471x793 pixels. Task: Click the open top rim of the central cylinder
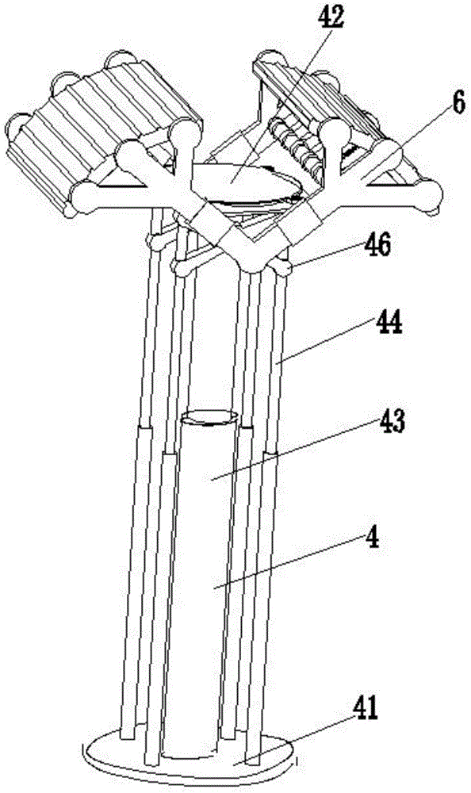[x=209, y=417]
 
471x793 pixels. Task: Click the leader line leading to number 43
[x=293, y=450]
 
